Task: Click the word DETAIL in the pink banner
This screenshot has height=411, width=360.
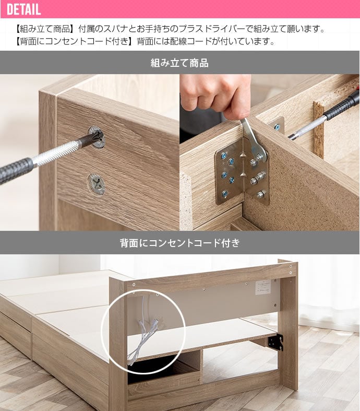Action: (x=24, y=9)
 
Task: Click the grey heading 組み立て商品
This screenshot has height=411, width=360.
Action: (x=179, y=63)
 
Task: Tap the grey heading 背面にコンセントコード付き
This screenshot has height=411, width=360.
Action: (x=179, y=243)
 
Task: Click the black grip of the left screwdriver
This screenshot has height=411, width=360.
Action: (x=16, y=170)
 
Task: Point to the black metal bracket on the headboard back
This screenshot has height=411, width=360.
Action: (x=275, y=342)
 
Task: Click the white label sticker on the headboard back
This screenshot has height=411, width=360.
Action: (x=263, y=287)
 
